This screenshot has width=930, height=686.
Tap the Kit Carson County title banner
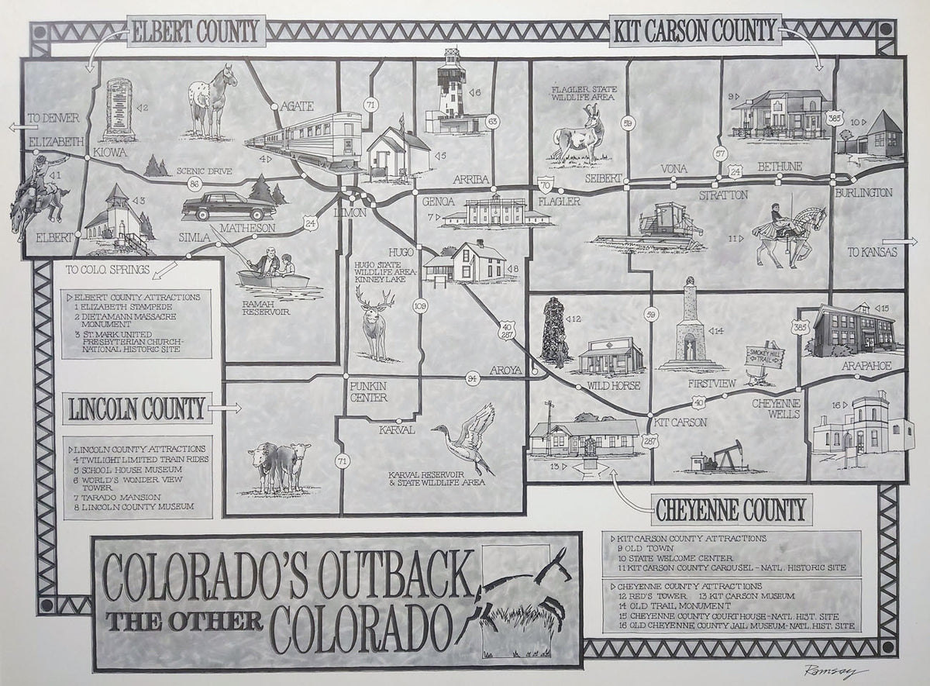tap(694, 31)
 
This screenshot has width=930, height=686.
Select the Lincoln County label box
tap(137, 408)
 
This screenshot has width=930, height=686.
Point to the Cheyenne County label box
tap(730, 509)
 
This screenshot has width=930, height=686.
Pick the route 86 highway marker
tap(194, 184)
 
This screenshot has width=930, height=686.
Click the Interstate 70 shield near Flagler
tap(546, 186)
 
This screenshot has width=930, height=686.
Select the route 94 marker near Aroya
tap(474, 378)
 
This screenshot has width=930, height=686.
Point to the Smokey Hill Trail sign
tap(765, 358)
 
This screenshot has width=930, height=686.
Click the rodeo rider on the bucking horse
tap(39, 194)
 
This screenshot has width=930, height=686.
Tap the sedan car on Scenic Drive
tap(228, 206)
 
